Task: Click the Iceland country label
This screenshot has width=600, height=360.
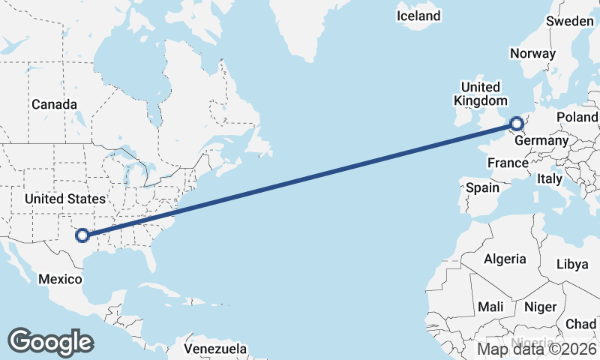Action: point(418,16)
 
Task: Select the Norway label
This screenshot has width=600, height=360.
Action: point(532,54)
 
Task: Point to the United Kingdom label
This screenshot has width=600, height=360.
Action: point(480,94)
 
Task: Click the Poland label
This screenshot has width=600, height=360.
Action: point(577,118)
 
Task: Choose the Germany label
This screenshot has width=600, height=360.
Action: point(542,141)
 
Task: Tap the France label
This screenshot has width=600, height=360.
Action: point(508,163)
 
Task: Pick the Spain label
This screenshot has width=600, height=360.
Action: point(482,187)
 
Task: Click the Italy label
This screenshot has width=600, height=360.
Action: point(549,179)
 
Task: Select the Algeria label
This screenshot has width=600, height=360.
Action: point(505,259)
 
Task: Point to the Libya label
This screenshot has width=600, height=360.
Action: point(572,264)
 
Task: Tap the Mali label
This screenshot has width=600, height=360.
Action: point(490,307)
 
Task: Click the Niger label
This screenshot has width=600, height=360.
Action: point(540,307)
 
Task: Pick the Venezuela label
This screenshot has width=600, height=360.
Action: point(216,349)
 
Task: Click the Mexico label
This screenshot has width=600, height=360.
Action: point(60,280)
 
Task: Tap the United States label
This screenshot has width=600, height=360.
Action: point(64,199)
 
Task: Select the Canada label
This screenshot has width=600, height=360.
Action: point(54,105)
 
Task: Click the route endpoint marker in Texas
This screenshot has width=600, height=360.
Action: point(82,235)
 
